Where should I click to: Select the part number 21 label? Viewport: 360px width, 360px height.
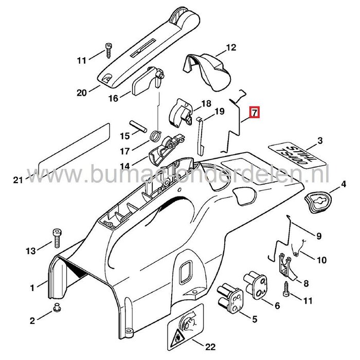tap(18, 180)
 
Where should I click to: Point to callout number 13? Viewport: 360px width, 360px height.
tap(30, 250)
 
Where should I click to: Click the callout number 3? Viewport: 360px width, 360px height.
tap(334, 141)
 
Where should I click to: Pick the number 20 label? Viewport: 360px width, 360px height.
tap(80, 93)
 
